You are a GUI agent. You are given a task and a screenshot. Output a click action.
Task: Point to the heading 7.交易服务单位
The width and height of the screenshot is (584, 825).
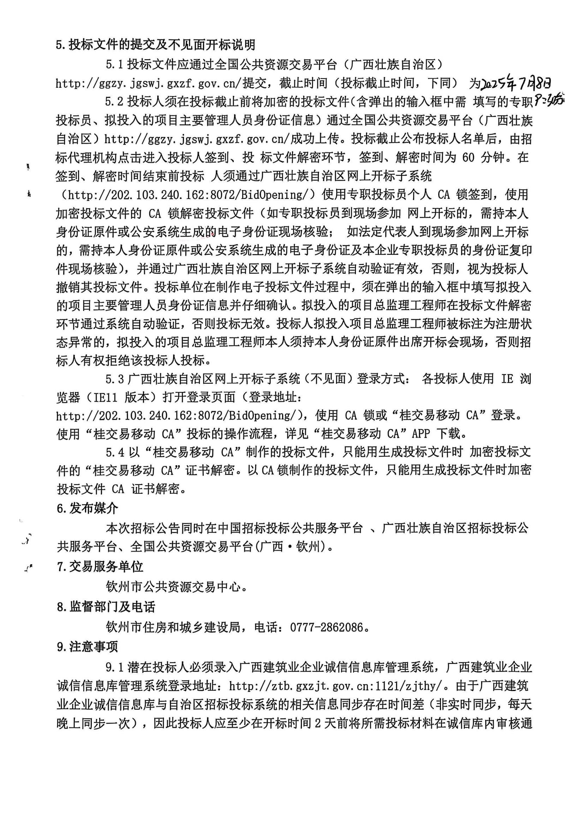point(100,567)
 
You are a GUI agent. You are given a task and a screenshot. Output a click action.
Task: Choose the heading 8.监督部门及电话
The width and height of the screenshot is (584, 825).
point(106,607)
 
